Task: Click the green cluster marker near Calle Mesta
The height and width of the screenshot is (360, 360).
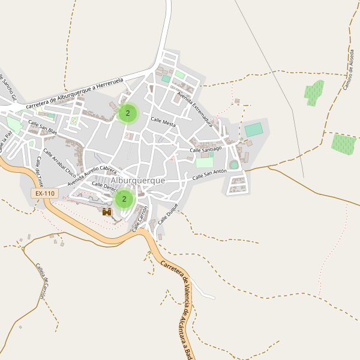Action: pyautogui.click(x=128, y=113)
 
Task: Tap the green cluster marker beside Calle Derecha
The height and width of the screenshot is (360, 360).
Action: pyautogui.click(x=124, y=199)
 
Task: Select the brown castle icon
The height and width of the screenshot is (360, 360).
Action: pyautogui.click(x=107, y=212)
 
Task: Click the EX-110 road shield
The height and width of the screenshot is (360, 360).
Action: pyautogui.click(x=45, y=193)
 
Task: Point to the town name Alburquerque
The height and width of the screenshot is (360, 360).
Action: pyautogui.click(x=137, y=180)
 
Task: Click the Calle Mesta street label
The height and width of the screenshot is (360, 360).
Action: pyautogui.click(x=163, y=121)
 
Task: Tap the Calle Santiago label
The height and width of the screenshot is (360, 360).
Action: pyautogui.click(x=206, y=149)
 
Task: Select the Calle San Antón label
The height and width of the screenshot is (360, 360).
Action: pyautogui.click(x=209, y=175)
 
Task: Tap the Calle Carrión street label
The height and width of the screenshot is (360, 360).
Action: pyautogui.click(x=140, y=219)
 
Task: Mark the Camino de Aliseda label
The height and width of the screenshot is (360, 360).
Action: pyautogui.click(x=349, y=69)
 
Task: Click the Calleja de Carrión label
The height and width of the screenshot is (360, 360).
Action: pyautogui.click(x=40, y=281)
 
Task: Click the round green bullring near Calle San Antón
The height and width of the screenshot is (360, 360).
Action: pyautogui.click(x=233, y=164)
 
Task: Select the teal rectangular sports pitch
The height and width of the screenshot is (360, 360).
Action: pyautogui.click(x=254, y=130)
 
